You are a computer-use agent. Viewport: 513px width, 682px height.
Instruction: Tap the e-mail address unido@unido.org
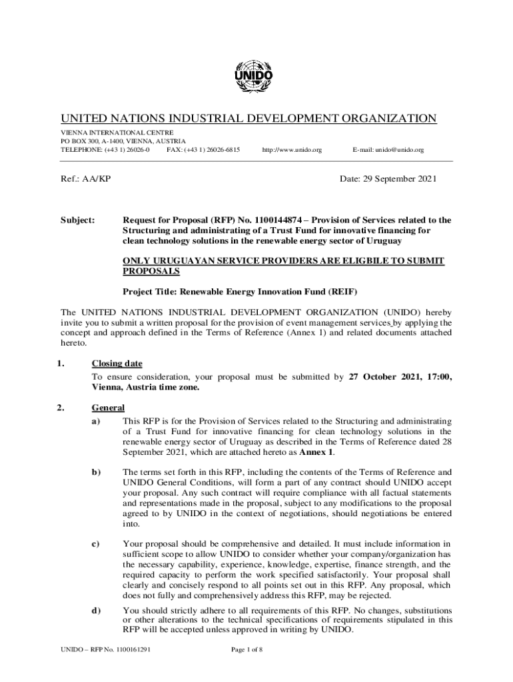point(388,151)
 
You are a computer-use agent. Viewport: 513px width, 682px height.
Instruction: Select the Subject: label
point(78,220)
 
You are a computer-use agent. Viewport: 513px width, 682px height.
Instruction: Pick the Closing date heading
point(117,364)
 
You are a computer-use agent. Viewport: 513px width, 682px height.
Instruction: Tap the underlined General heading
point(107,408)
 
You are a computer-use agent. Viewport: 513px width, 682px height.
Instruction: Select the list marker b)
point(97,472)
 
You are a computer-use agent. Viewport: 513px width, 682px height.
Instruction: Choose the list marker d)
point(97,610)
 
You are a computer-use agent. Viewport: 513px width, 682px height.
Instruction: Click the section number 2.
point(61,408)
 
